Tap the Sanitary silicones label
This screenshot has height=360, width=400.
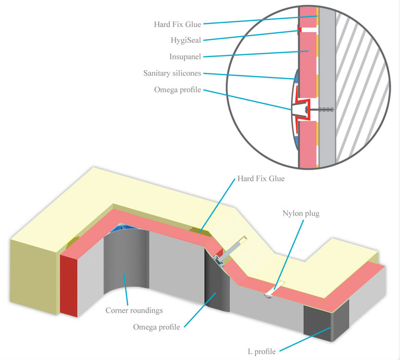pyautogui.click(x=172, y=73)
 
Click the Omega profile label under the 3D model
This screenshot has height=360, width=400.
pyautogui.click(x=156, y=327)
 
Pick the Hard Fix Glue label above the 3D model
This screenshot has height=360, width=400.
pyautogui.click(x=260, y=179)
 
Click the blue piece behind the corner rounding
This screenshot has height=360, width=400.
pyautogui.click(x=122, y=227)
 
